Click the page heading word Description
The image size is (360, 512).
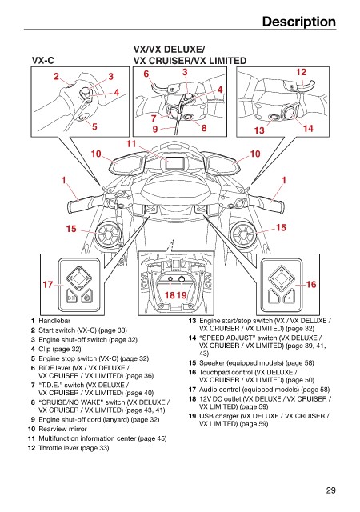pyautogui.click(x=298, y=22)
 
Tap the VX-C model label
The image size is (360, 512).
pyautogui.click(x=42, y=61)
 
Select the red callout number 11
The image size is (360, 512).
pyautogui.click(x=131, y=144)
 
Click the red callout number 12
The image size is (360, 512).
pyautogui.click(x=301, y=72)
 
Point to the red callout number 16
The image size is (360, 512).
pyautogui.click(x=311, y=285)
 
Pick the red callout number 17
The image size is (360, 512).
pyautogui.click(x=48, y=285)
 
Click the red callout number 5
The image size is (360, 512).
pyautogui.click(x=94, y=126)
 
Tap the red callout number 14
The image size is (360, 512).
pyautogui.click(x=308, y=128)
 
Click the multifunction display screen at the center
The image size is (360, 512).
pyautogui.click(x=175, y=163)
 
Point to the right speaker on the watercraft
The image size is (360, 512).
pyautogui.click(x=242, y=234)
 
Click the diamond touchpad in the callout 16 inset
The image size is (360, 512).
pyautogui.click(x=281, y=278)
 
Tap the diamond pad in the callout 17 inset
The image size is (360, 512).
pyautogui.click(x=78, y=278)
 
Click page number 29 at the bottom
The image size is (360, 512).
pyautogui.click(x=330, y=490)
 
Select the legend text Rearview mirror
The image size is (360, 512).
pyautogui.click(x=62, y=429)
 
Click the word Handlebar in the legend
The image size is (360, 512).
pyautogui.click(x=54, y=321)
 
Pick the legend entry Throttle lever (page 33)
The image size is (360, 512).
pyautogui.click(x=74, y=448)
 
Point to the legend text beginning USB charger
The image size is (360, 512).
pyautogui.click(x=264, y=420)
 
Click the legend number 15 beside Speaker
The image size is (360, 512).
pyautogui.click(x=192, y=363)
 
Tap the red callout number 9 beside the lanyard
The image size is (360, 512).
pyautogui.click(x=155, y=130)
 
